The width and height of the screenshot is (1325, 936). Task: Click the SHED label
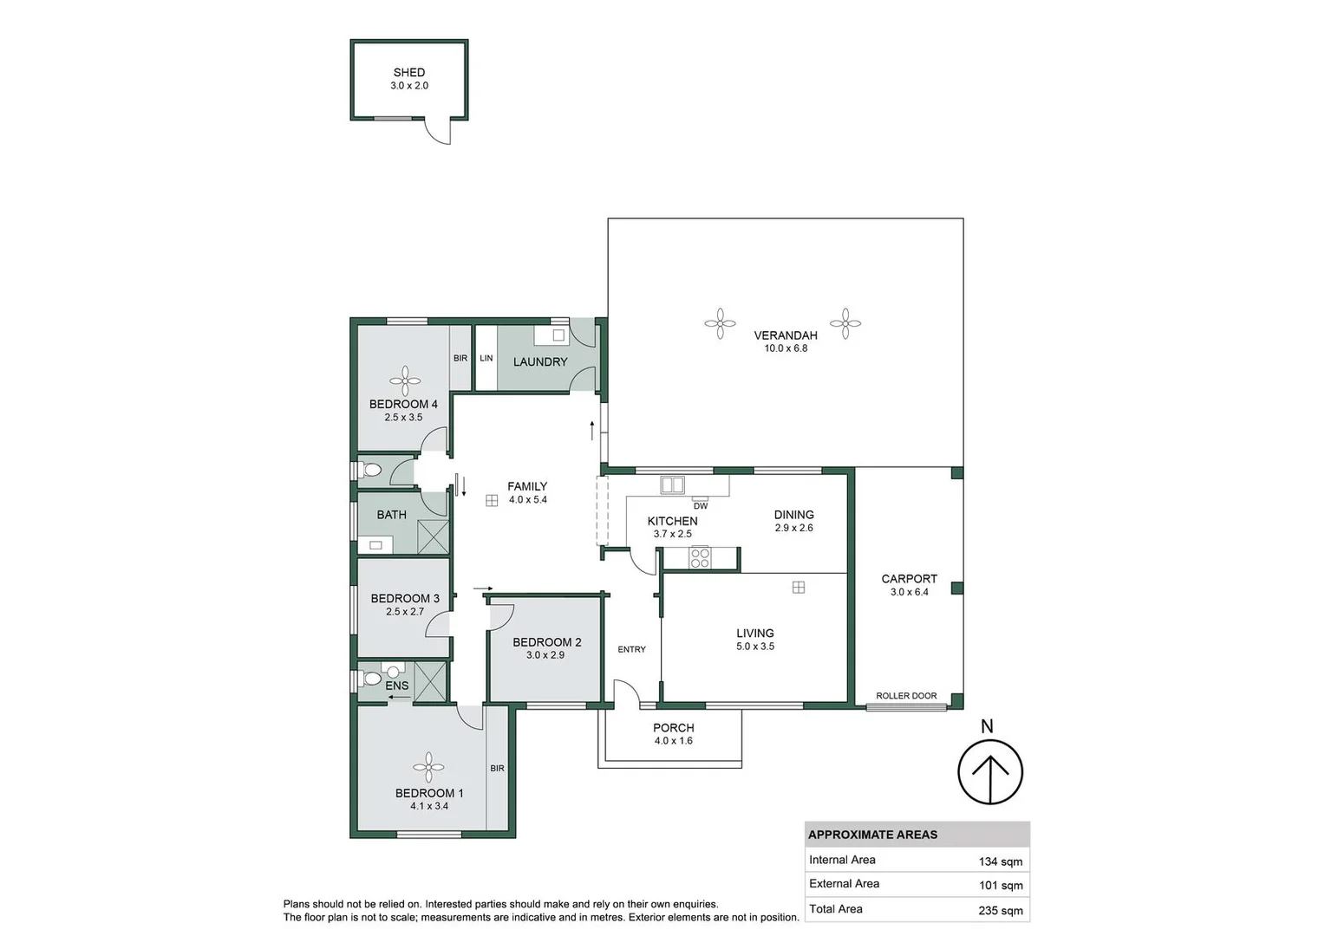tap(409, 73)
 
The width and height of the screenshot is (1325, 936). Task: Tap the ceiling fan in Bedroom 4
tap(405, 380)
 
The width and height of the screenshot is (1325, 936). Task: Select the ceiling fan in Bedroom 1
tap(428, 767)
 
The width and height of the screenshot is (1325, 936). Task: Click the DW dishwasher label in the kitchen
tap(701, 506)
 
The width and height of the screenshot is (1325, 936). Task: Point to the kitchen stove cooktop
tap(700, 558)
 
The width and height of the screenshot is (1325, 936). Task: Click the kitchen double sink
tap(673, 485)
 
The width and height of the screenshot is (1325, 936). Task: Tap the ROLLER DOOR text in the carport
tap(906, 696)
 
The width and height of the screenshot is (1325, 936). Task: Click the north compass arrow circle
tap(990, 771)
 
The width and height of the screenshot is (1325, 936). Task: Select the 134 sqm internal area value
tap(1001, 861)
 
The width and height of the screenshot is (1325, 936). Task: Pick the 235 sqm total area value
tap(1001, 910)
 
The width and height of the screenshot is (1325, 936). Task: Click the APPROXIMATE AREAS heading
tap(872, 835)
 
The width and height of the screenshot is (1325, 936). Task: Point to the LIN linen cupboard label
tap(486, 358)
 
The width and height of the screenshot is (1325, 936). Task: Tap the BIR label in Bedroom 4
tap(460, 358)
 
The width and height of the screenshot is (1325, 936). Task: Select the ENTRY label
tap(631, 649)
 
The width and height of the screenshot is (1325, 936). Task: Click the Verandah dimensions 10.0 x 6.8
tap(786, 348)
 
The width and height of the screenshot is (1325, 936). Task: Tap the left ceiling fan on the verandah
tap(720, 324)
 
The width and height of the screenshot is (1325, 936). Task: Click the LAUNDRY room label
tap(540, 361)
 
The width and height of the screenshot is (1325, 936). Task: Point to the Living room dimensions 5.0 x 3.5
tap(755, 647)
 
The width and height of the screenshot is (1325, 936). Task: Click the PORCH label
tap(674, 728)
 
